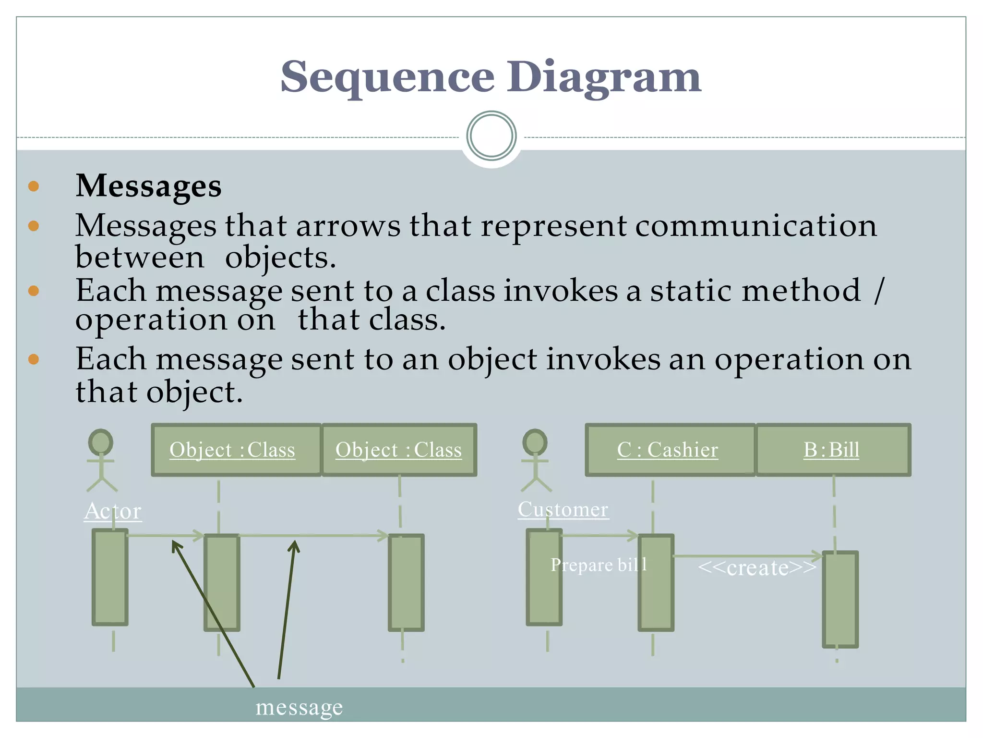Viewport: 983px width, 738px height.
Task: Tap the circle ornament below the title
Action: pos(491,136)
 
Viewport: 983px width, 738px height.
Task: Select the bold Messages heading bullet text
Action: pos(149,186)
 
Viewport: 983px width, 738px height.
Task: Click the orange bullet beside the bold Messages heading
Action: pos(34,186)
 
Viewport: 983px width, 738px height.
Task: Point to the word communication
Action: pos(756,225)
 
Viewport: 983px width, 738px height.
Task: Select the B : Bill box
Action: pos(833,450)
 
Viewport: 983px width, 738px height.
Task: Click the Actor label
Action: pos(113,511)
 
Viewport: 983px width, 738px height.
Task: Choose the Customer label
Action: pos(563,509)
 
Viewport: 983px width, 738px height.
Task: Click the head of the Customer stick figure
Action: pos(535,442)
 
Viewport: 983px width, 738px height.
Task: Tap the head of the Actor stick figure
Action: pos(100,442)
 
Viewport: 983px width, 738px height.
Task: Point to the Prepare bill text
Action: pos(599,565)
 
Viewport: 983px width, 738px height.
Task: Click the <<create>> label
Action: pos(757,568)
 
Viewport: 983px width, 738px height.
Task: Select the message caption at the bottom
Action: pos(299,707)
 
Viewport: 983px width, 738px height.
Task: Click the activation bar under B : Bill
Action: pos(840,599)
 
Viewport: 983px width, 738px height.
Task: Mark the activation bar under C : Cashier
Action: pos(656,582)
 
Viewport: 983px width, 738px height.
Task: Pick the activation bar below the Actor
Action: pos(110,577)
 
